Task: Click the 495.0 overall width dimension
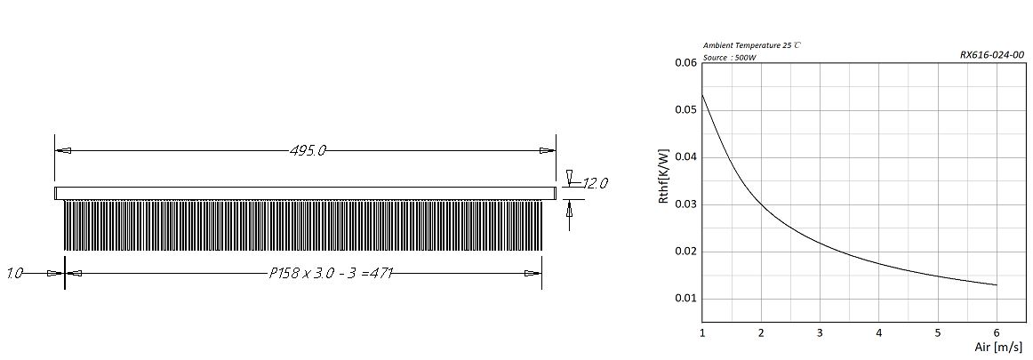(x=308, y=151)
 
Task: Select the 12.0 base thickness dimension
(x=594, y=183)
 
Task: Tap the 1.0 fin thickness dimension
(x=14, y=273)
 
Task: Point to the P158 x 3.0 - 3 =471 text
(x=331, y=273)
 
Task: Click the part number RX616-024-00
(x=992, y=55)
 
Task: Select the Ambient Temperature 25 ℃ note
(x=752, y=45)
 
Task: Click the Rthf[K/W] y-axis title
(x=664, y=175)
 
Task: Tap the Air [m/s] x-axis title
(x=997, y=347)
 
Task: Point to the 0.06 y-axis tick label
(x=685, y=63)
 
